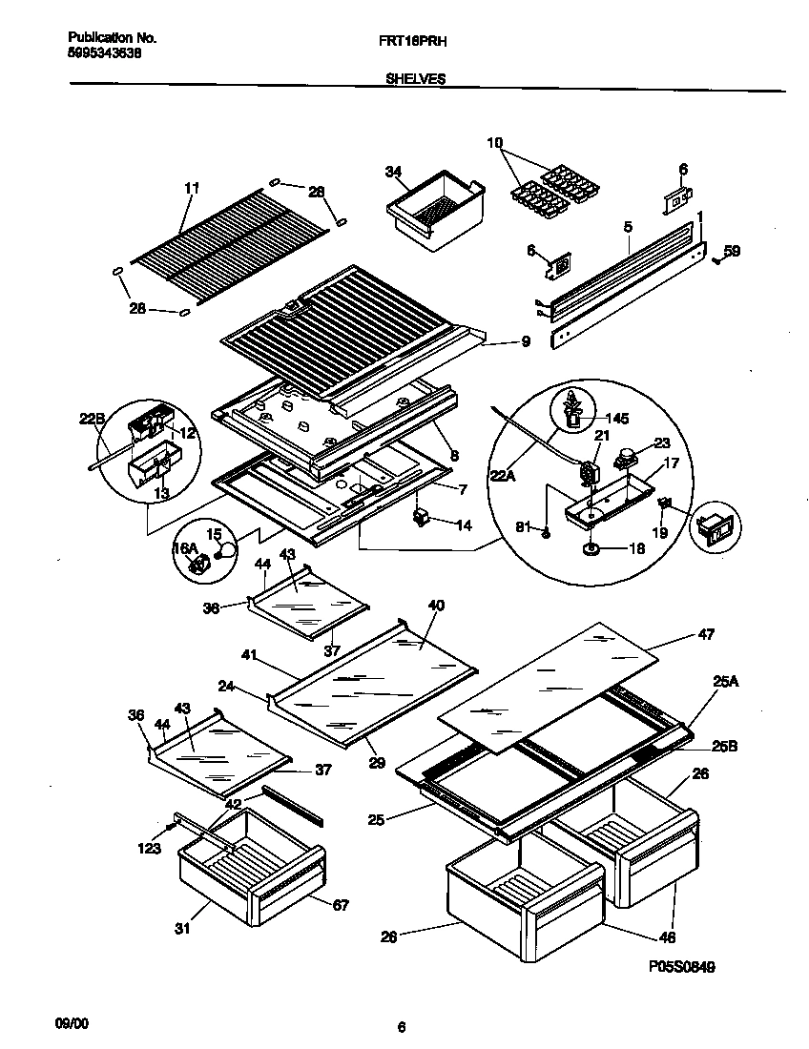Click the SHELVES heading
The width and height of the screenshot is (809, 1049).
416,81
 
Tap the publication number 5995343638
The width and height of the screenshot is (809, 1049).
106,54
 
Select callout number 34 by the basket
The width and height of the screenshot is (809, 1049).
392,172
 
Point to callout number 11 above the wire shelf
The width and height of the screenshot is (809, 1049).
192,188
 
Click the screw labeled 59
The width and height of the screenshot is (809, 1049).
716,260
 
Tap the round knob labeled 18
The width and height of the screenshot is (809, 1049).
590,550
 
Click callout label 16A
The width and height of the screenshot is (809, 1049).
184,548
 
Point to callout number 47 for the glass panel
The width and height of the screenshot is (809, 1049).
706,633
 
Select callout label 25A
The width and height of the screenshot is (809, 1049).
724,681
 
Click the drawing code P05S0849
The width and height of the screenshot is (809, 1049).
682,966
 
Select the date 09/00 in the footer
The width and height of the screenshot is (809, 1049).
73,1022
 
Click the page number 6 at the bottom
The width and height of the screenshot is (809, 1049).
402,1027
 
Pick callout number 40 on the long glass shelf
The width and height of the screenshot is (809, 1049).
436,606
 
